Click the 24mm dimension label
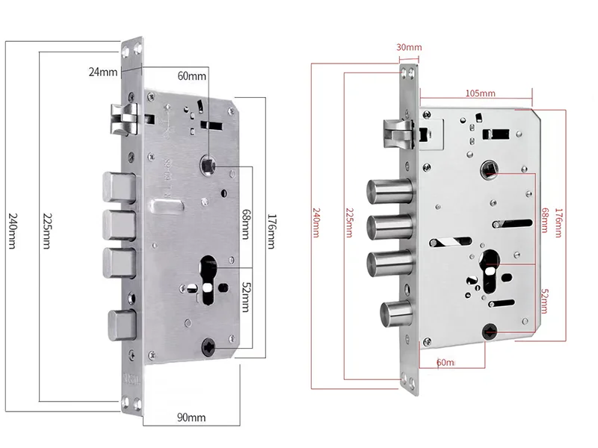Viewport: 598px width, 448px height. [x=103, y=72]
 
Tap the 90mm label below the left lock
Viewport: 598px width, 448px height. [x=191, y=417]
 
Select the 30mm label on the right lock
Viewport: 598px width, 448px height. [x=409, y=48]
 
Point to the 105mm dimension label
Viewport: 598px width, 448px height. [x=480, y=93]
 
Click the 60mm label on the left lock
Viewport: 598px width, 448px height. [x=191, y=76]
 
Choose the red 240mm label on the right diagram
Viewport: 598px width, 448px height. [x=317, y=222]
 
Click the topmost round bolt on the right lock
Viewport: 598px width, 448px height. [x=388, y=192]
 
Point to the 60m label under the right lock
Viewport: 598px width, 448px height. [x=446, y=362]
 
